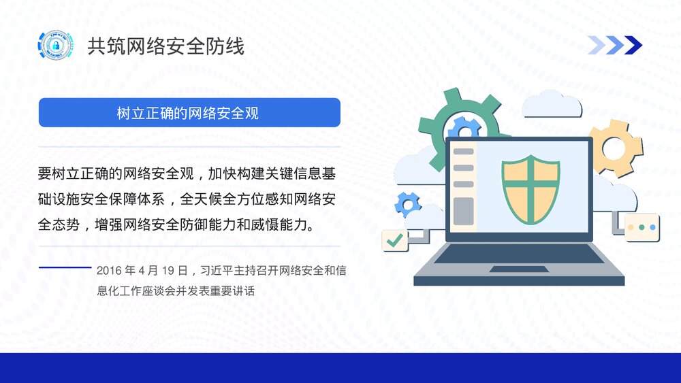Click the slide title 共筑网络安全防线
click(165, 46)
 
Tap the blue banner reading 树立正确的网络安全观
click(189, 113)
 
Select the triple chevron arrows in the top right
click(614, 45)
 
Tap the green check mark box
click(395, 240)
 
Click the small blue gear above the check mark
click(409, 203)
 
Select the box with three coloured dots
click(642, 227)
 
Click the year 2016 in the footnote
click(109, 271)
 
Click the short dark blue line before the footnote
click(65, 267)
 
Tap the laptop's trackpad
click(519, 269)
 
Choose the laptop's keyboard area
click(519, 254)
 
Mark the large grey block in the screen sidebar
click(463, 210)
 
